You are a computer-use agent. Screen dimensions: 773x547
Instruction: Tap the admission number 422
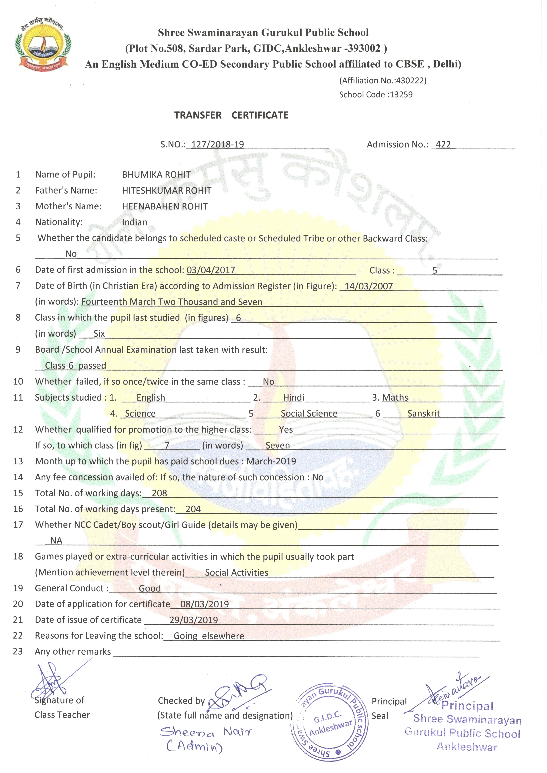click(x=443, y=144)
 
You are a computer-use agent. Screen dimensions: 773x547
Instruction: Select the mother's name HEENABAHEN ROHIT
click(x=165, y=206)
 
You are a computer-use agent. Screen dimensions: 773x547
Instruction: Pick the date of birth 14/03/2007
click(x=369, y=286)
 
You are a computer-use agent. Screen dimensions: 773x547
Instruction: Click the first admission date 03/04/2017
click(x=211, y=270)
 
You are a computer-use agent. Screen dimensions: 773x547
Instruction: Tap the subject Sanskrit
click(x=423, y=413)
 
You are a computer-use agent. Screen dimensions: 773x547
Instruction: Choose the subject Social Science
click(x=309, y=413)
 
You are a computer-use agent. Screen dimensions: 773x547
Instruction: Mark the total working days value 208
click(x=159, y=493)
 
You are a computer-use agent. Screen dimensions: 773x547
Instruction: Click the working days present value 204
click(x=193, y=509)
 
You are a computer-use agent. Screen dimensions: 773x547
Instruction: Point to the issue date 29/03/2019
click(x=194, y=620)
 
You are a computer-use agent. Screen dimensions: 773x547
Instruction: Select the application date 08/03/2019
click(x=204, y=604)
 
